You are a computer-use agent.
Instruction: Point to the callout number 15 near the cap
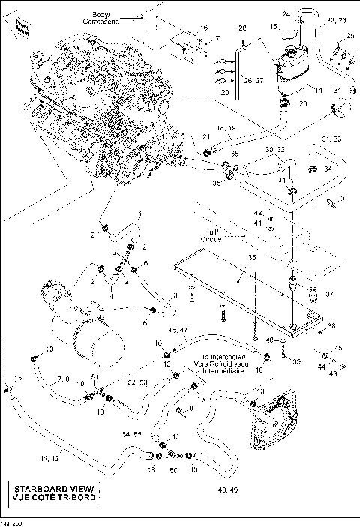point(274,28)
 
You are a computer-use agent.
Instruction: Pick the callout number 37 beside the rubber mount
point(328,293)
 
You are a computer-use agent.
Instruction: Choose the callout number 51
point(95,376)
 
